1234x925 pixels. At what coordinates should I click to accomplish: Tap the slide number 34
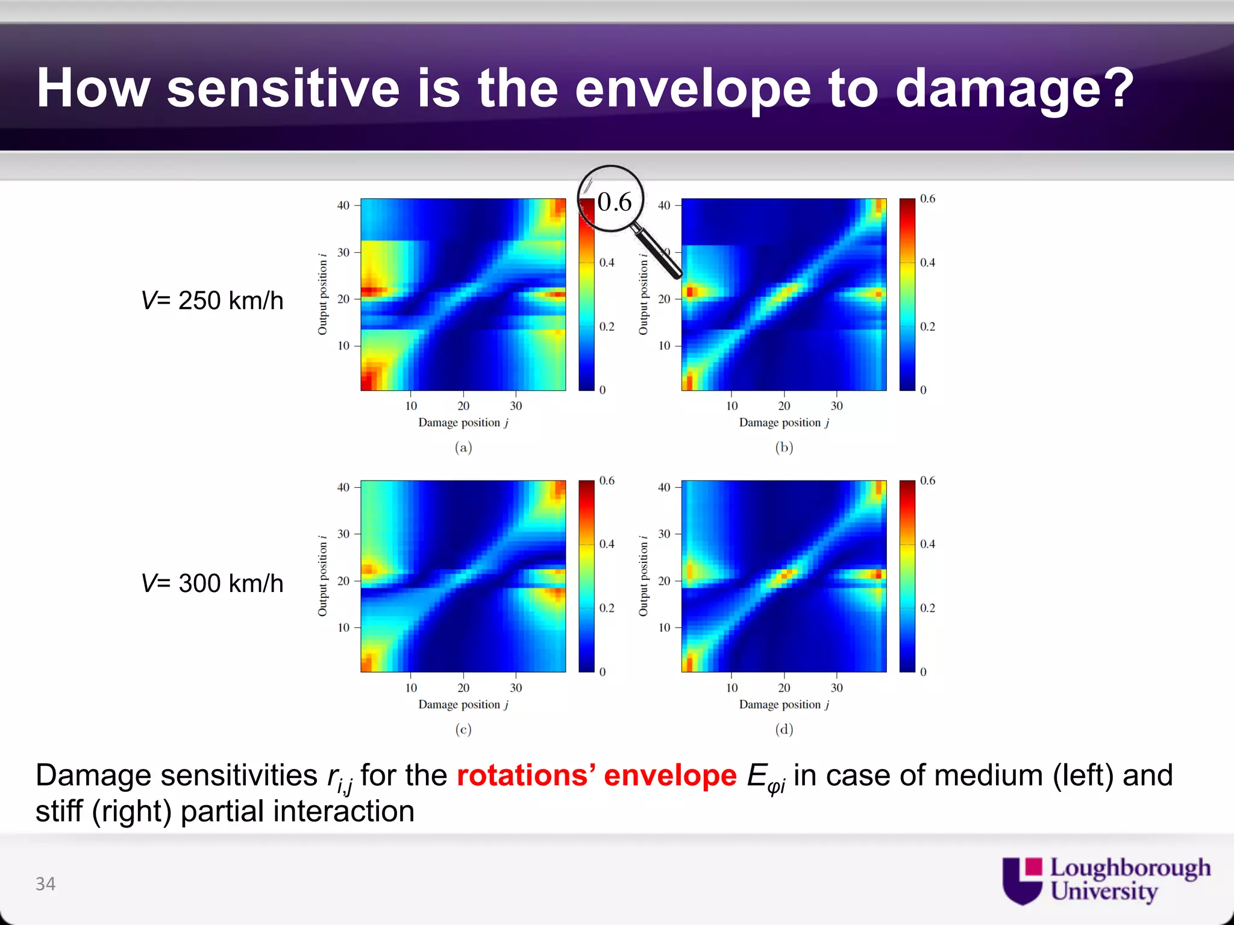(x=45, y=883)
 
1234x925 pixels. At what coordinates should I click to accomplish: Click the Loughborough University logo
(x=1106, y=880)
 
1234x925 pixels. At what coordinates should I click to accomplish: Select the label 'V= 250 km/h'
(x=212, y=301)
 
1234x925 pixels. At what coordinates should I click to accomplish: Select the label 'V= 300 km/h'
(x=212, y=583)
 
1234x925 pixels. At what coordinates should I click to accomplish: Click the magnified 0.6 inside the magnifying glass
(x=614, y=202)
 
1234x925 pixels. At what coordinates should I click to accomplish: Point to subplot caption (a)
(x=463, y=447)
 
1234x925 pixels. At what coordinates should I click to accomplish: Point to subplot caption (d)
(x=783, y=729)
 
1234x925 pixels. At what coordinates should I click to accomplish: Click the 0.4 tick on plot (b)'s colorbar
(x=927, y=263)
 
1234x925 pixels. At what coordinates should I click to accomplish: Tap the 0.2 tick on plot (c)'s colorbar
(x=607, y=608)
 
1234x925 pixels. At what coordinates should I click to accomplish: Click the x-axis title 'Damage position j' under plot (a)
(x=463, y=423)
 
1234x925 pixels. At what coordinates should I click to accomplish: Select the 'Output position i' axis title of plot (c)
(x=323, y=576)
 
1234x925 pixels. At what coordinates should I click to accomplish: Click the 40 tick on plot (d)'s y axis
(x=663, y=487)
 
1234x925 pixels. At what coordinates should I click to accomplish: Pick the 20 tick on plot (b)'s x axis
(x=783, y=406)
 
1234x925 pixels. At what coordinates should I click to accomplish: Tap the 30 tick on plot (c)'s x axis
(x=516, y=688)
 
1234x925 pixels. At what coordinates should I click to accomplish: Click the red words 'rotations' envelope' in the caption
(x=596, y=775)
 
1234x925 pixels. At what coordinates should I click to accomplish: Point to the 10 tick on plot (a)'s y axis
(x=343, y=346)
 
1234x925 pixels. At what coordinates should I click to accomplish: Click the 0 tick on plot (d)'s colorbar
(x=923, y=671)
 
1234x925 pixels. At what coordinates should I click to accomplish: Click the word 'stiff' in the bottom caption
(x=58, y=811)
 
